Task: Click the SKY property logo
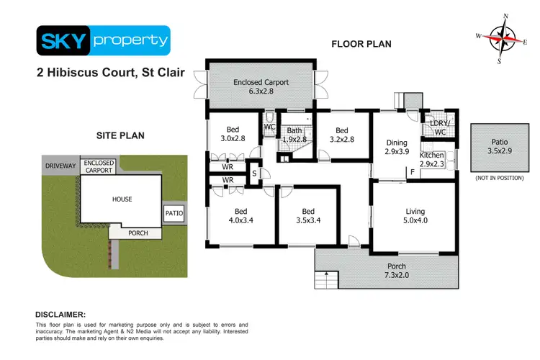click(103, 41)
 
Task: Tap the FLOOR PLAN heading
click(361, 44)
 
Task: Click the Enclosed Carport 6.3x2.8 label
click(261, 87)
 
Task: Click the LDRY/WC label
click(438, 127)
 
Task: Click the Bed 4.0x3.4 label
click(230, 216)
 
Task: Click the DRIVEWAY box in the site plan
click(60, 166)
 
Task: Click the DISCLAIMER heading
click(61, 315)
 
